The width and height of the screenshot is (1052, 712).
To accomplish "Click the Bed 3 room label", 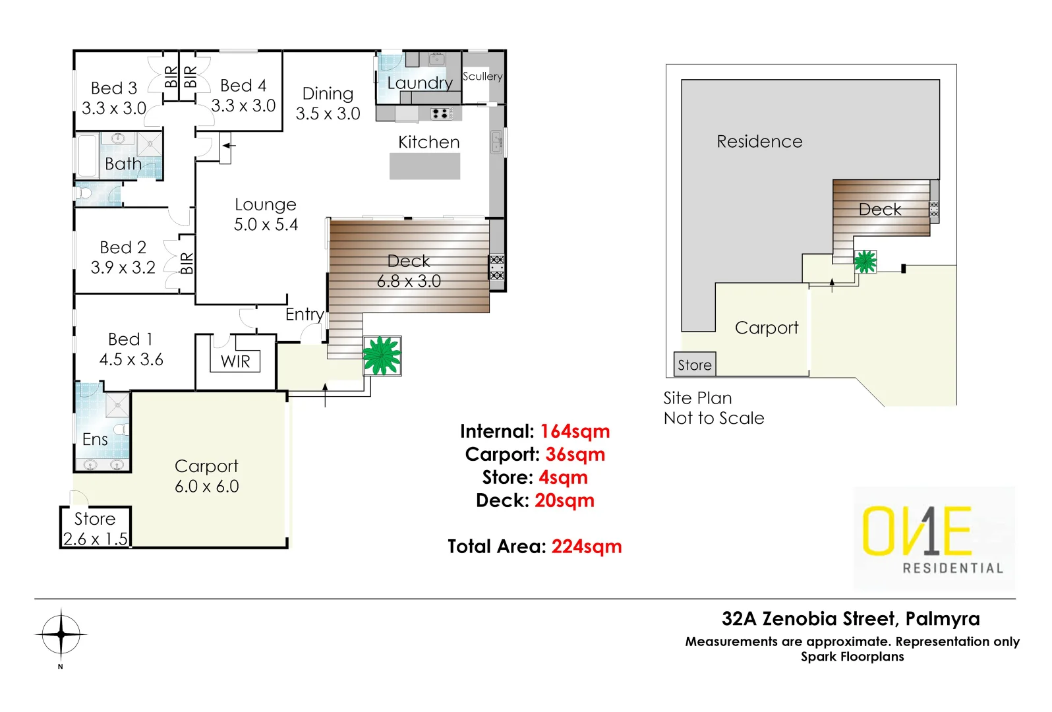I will pyautogui.click(x=114, y=88).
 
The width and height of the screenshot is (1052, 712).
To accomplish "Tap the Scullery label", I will pyautogui.click(x=482, y=76).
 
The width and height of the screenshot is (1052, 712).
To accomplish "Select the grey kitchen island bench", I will pyautogui.click(x=424, y=166).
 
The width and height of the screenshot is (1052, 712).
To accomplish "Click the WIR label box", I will pyautogui.click(x=235, y=361).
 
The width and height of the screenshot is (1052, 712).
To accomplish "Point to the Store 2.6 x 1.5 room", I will pyautogui.click(x=96, y=528).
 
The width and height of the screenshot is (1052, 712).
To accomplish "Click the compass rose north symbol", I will pyautogui.click(x=61, y=635).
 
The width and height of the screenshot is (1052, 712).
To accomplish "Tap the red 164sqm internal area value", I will pyautogui.click(x=575, y=431).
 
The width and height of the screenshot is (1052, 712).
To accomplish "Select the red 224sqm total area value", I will pyautogui.click(x=586, y=547).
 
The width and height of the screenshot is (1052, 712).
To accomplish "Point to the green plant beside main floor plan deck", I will pyautogui.click(x=382, y=356).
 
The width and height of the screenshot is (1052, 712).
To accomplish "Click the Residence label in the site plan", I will pyautogui.click(x=759, y=142).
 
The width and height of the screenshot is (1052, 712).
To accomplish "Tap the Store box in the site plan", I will pyautogui.click(x=695, y=365).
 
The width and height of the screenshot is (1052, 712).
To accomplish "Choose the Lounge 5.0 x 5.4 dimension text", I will pyautogui.click(x=266, y=225).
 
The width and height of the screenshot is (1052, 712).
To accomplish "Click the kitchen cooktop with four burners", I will pyautogui.click(x=441, y=113).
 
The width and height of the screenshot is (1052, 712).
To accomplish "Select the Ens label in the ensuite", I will pyautogui.click(x=95, y=440).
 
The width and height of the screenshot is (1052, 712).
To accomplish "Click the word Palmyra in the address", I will pyautogui.click(x=942, y=619).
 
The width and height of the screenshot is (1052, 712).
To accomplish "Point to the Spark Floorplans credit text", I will pyautogui.click(x=852, y=657).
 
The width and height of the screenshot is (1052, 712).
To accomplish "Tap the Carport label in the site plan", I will pyautogui.click(x=767, y=328).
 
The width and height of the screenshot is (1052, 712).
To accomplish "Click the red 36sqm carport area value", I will pyautogui.click(x=575, y=454).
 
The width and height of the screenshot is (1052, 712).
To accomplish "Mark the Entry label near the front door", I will pyautogui.click(x=305, y=314).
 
